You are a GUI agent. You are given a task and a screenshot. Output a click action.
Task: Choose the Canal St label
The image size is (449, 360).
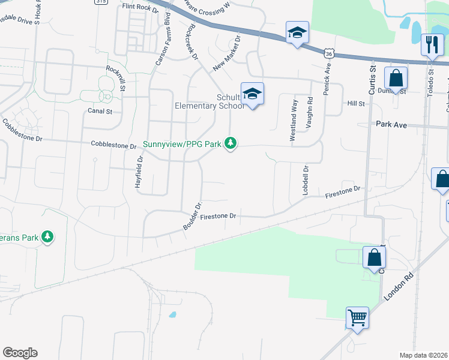point(100,111)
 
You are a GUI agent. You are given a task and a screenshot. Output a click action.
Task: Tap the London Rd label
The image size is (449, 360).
point(397,291)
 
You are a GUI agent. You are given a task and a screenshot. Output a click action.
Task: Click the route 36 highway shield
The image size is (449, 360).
point(328,53)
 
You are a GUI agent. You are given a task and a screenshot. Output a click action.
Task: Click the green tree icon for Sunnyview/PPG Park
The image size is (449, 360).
point(231,143)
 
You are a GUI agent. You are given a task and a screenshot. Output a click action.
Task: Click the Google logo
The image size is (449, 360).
point(20,353)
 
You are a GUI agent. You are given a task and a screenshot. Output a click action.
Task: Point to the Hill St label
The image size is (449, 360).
point(356,104)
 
